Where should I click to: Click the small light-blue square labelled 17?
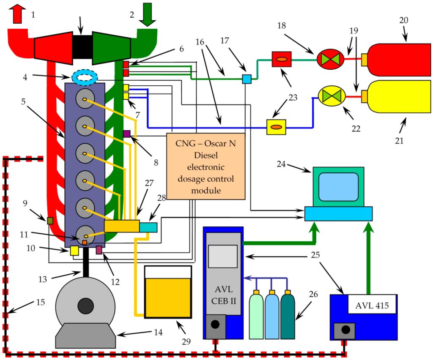(246, 79)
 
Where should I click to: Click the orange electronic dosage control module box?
(206, 166)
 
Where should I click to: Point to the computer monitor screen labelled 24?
(338, 186)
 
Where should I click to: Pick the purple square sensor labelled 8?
(126, 134)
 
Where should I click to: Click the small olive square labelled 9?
(49, 221)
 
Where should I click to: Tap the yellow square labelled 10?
(74, 250)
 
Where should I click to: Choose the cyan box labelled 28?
(148, 227)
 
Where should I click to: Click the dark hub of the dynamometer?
(85, 305)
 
